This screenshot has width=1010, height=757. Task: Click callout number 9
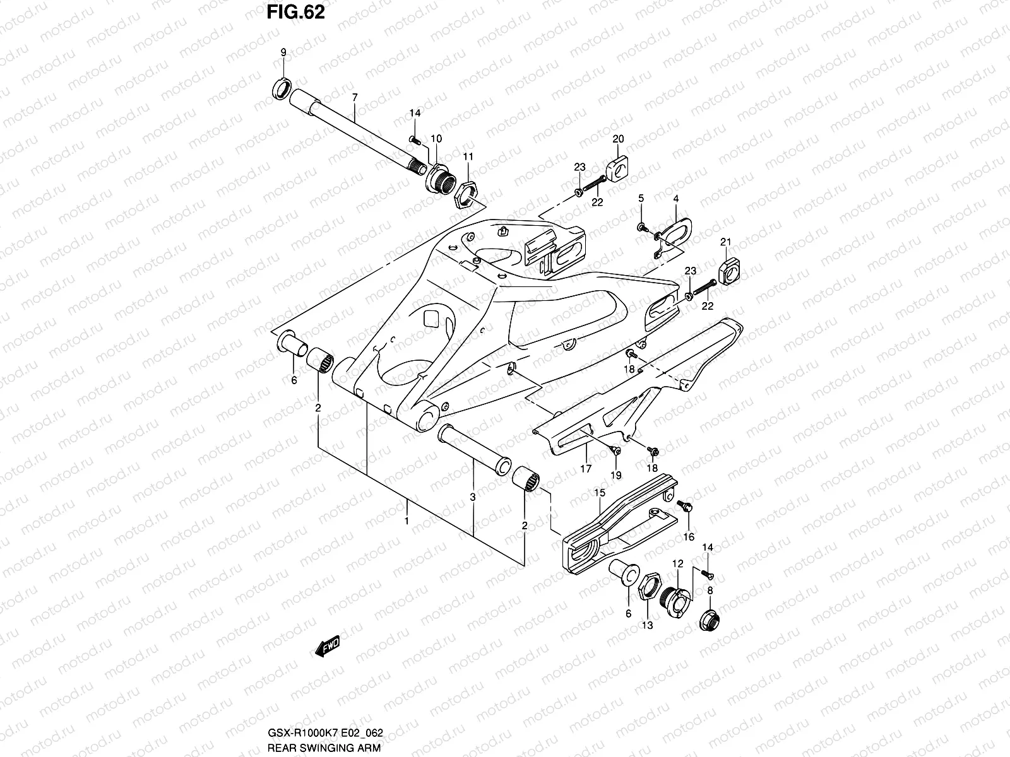point(283,52)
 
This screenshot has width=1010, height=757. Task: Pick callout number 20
point(618,139)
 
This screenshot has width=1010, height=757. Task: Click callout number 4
point(675,199)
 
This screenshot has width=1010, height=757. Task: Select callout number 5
point(641,199)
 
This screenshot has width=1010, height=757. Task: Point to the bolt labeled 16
point(684,505)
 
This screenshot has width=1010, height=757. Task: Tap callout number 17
point(586,469)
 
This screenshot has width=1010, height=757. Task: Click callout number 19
point(615,475)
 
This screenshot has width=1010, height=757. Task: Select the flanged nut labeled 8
point(709,620)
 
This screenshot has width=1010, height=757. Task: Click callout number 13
point(647,625)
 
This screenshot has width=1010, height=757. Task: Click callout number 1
point(407,522)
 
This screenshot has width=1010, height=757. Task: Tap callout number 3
point(472,498)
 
